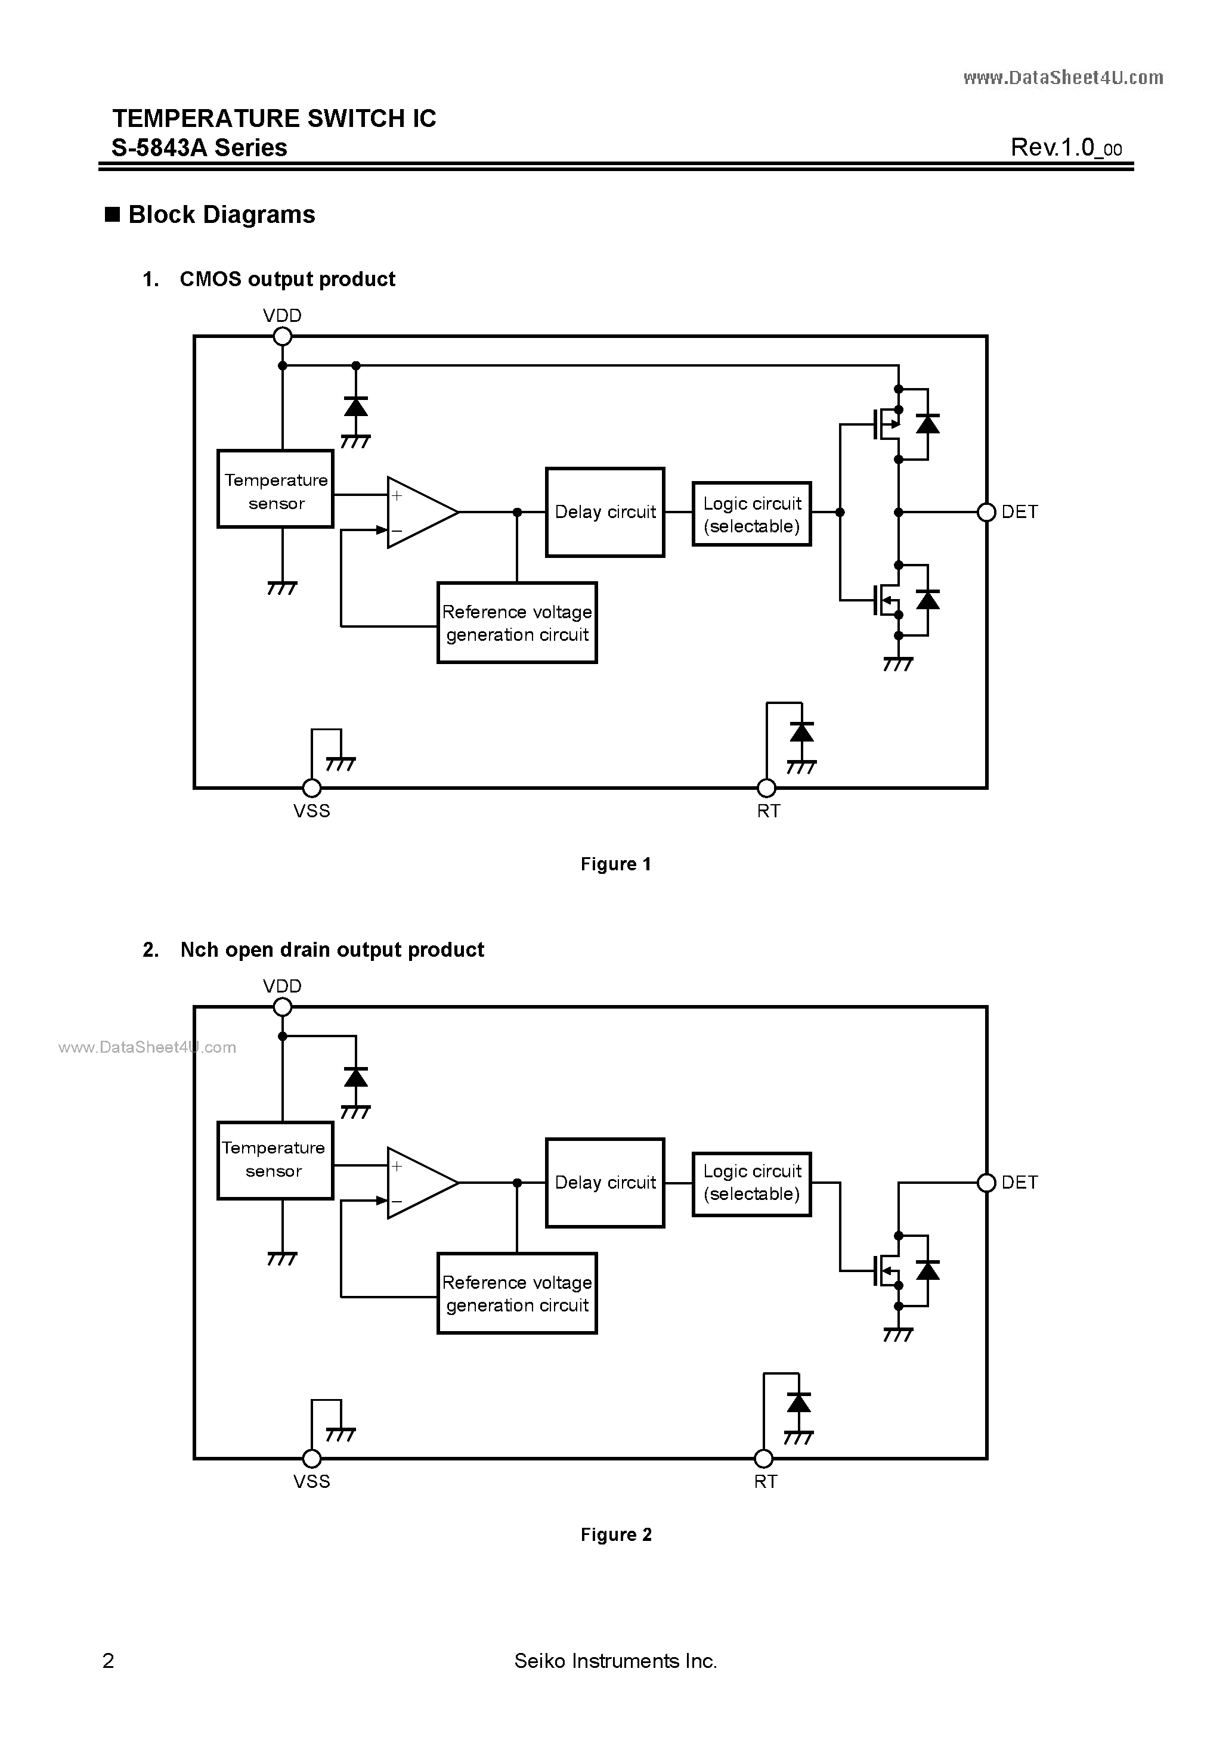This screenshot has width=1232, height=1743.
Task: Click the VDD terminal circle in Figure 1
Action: [x=283, y=336]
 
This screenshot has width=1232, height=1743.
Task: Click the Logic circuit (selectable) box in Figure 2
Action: [x=751, y=1183]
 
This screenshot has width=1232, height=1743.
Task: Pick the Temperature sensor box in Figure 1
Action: [x=276, y=489]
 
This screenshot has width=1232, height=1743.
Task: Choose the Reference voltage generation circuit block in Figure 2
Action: [x=517, y=1294]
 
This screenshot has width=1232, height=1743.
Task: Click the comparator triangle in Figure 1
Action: [x=419, y=513]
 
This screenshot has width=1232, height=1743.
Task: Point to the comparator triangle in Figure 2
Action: [x=419, y=1183]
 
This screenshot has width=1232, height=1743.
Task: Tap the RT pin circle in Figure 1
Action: [x=767, y=788]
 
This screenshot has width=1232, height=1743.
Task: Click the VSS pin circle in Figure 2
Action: [x=311, y=1458]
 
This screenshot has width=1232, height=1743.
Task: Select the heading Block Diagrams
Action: [x=221, y=215]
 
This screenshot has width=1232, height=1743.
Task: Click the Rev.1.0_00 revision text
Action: [x=1066, y=147]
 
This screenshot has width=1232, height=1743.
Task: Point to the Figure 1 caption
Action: [x=615, y=864]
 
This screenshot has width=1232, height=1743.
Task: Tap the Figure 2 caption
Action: [x=615, y=1534]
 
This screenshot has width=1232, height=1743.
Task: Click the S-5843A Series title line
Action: [x=200, y=147]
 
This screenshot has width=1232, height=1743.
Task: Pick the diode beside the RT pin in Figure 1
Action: [x=801, y=733]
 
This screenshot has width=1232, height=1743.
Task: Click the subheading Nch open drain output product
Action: [x=332, y=950]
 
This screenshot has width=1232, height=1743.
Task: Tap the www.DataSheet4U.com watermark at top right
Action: [x=1063, y=77]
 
